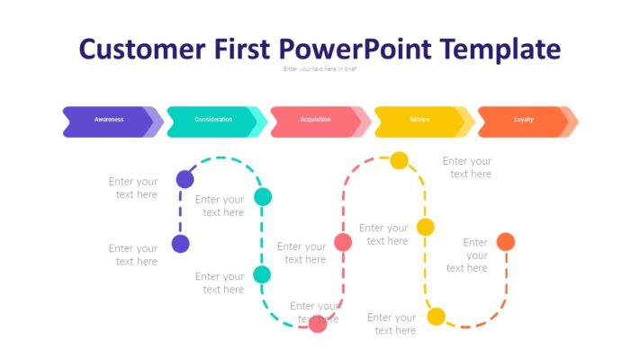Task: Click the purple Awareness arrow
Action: (109, 121)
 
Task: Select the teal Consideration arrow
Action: (213, 121)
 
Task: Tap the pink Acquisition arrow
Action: (316, 121)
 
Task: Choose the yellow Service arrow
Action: (419, 121)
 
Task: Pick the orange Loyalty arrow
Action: (523, 121)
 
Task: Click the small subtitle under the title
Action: (320, 69)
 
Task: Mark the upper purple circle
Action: (185, 178)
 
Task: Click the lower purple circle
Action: (181, 244)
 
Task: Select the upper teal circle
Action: (263, 196)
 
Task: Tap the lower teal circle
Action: (262, 274)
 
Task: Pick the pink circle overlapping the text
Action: (318, 324)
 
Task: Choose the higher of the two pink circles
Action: (343, 241)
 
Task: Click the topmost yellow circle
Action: (399, 160)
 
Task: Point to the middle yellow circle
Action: (425, 227)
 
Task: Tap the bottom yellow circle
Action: (436, 316)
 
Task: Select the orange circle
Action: (506, 241)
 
